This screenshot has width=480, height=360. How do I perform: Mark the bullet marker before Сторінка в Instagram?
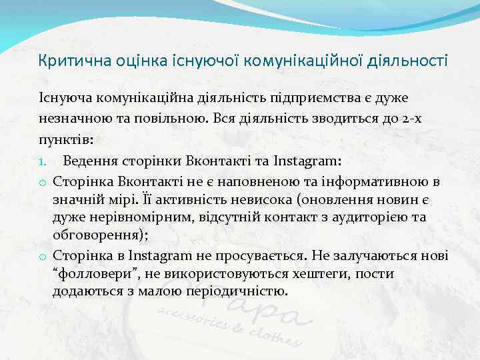42,256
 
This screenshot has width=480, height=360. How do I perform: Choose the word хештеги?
305,274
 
